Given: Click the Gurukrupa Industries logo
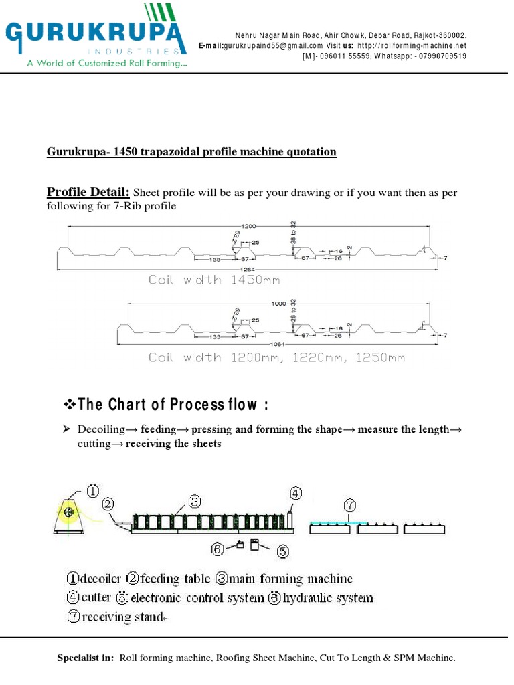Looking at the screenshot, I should [94, 37].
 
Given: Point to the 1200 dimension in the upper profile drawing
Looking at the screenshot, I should [248, 227].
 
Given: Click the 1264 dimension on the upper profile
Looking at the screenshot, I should [248, 269].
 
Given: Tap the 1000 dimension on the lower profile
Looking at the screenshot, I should [278, 303].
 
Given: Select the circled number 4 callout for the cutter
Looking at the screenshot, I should [294, 493].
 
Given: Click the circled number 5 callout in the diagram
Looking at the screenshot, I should [283, 551].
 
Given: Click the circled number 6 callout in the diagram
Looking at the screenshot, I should [218, 549].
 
